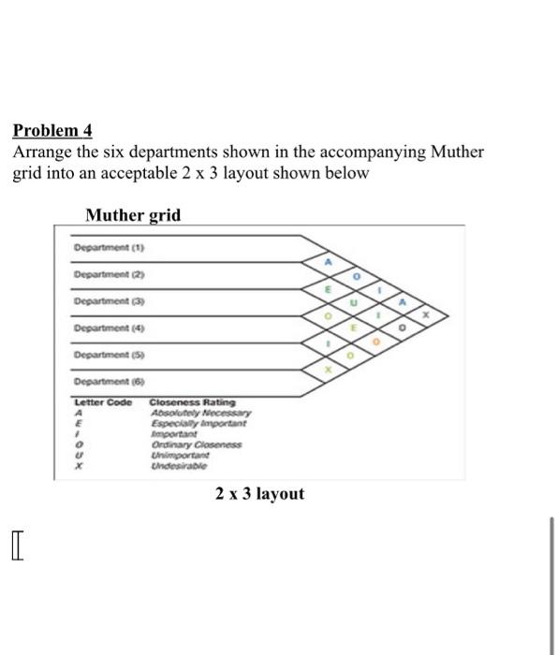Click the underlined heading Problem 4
click(52, 131)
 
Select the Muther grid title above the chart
click(133, 216)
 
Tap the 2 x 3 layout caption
click(259, 493)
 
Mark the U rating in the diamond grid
click(354, 303)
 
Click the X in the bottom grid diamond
click(328, 371)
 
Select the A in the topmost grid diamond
click(328, 263)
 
